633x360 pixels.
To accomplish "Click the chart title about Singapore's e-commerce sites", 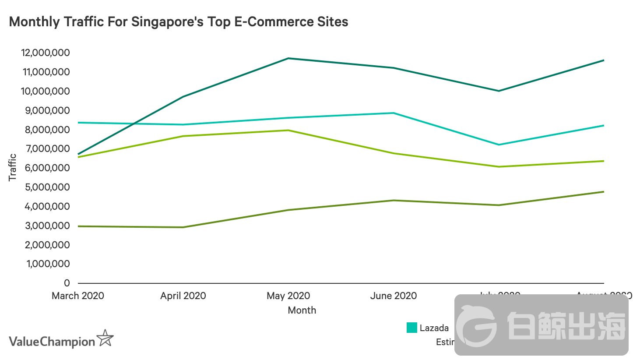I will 179,21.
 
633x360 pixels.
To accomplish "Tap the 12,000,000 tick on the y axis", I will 45,53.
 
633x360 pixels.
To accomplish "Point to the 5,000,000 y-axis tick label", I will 45,187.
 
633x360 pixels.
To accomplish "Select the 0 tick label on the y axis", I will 67,283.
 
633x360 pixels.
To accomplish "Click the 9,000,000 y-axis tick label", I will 45,111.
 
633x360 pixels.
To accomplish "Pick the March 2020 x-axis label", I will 78,296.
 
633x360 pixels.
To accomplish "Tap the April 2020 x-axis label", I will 183,296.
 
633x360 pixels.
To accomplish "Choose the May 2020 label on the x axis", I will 288,296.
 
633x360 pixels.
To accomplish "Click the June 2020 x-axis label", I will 394,296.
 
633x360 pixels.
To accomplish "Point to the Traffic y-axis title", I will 12,167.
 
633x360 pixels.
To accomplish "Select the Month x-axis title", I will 302,310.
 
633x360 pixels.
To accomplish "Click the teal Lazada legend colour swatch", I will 411,328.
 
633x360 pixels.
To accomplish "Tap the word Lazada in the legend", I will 434,328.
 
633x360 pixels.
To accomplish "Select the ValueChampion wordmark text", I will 52,342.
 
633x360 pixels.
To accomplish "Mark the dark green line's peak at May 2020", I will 288,58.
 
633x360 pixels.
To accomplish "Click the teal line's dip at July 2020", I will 499,145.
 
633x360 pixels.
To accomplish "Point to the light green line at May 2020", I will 288,130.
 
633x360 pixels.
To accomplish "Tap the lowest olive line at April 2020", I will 183,227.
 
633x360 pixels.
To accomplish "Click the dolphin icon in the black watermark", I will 477,325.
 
